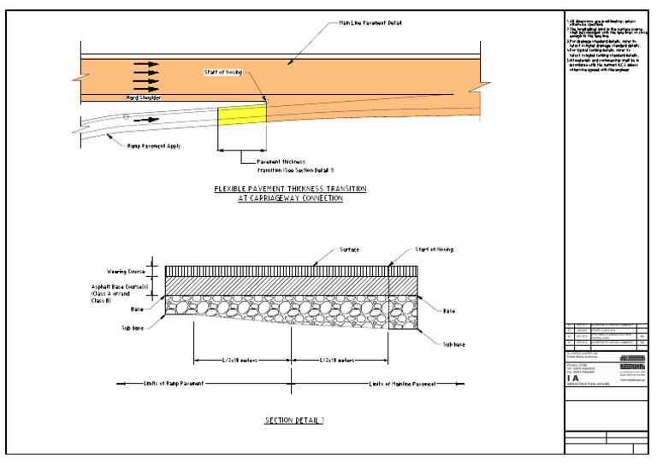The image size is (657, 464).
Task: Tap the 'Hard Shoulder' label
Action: (145, 97)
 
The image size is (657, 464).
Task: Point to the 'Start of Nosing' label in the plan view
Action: (222, 72)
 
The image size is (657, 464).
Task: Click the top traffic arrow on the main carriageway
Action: (146, 64)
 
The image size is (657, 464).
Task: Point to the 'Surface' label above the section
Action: (325, 249)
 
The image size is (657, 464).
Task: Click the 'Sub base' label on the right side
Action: (453, 344)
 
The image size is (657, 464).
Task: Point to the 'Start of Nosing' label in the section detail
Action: (434, 249)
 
